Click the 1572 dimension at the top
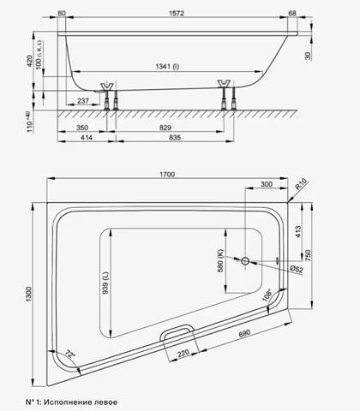(177, 13)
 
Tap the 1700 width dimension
(167, 175)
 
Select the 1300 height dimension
(29, 294)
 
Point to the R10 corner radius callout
(301, 184)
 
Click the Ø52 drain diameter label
(297, 269)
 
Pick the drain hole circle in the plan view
(245, 260)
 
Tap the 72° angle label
(69, 354)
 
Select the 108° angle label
(267, 295)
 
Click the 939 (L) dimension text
(105, 283)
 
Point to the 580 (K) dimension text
(220, 261)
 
